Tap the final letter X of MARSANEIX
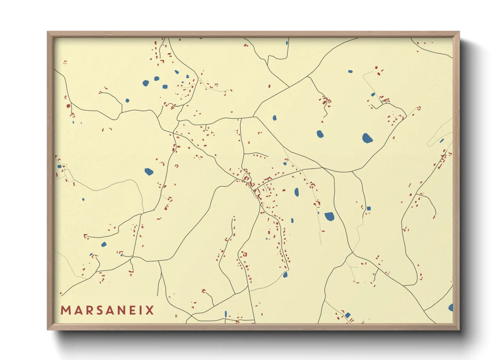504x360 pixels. [150, 310]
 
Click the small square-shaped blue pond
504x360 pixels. [368, 208]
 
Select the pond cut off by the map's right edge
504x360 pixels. [451, 308]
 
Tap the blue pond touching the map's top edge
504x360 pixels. [287, 43]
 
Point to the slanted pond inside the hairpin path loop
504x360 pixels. [442, 141]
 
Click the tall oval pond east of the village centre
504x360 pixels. [297, 192]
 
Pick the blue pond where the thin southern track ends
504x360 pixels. [285, 275]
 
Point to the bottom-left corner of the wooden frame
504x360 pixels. [48, 329]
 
